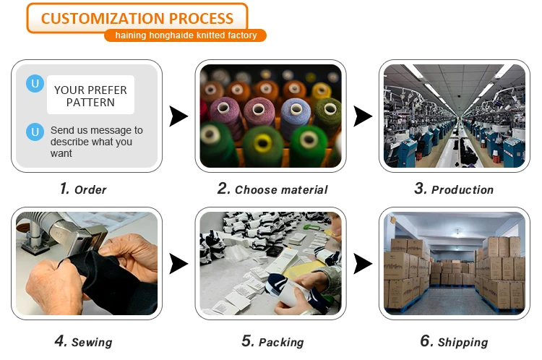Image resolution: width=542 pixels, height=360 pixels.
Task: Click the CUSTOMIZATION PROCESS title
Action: [137, 18]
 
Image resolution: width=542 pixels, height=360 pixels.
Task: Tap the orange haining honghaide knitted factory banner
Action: [186, 35]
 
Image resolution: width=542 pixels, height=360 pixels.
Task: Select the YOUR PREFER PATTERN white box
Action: [91, 95]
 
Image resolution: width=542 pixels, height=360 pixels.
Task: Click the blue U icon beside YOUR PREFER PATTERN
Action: [34, 84]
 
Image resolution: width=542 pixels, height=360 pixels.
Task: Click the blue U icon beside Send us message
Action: [34, 132]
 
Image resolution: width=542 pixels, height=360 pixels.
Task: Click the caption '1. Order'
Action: [83, 189]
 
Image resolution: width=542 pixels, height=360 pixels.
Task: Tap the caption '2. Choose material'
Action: [272, 189]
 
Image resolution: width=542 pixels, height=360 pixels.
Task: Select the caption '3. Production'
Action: [454, 189]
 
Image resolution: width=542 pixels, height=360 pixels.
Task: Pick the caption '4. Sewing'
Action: [83, 341]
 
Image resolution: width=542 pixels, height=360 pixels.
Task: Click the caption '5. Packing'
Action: [272, 341]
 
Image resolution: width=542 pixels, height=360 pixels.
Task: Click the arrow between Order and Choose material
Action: [178, 116]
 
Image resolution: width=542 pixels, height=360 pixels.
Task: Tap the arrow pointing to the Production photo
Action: [362, 116]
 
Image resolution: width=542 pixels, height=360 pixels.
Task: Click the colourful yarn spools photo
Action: [270, 116]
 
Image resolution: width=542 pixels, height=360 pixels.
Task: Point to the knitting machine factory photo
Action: [454, 116]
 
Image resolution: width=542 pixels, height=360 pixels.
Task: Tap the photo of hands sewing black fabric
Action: [86, 264]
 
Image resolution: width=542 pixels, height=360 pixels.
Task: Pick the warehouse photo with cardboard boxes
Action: [454, 264]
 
